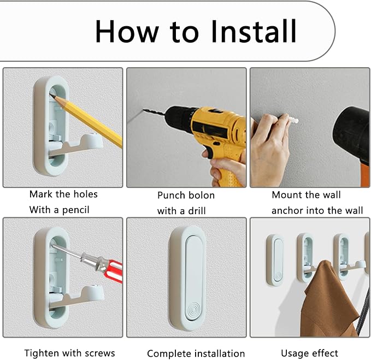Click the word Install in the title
(253, 31)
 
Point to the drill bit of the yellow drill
(154, 113)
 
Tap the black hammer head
(353, 134)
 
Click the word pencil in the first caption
(76, 210)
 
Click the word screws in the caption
(100, 353)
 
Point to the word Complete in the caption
(166, 353)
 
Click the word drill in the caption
(197, 210)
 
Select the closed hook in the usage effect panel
(274, 259)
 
